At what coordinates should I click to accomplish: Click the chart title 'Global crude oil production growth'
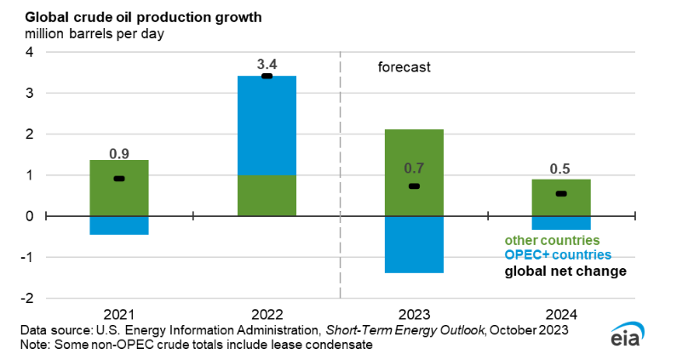click(119, 17)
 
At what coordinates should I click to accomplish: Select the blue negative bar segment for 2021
click(119, 225)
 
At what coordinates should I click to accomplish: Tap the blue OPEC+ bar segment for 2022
click(267, 126)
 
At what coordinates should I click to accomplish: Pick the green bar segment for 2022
click(267, 195)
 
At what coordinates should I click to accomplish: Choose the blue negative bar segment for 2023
click(414, 244)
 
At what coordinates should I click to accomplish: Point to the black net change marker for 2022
click(267, 77)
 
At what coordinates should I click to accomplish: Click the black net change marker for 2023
click(414, 186)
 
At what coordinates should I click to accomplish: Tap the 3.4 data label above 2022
click(267, 64)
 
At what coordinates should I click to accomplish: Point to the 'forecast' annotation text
click(404, 66)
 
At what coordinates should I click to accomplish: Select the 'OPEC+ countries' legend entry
click(558, 255)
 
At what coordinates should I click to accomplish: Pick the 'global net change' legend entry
click(565, 271)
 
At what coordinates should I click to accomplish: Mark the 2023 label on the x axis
click(414, 313)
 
